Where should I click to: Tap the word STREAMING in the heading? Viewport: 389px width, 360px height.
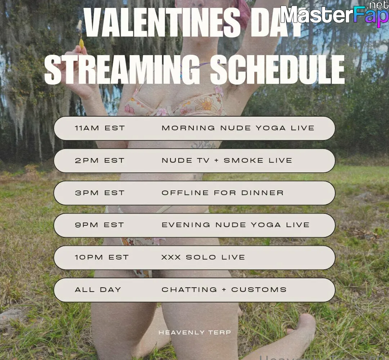tap(122, 70)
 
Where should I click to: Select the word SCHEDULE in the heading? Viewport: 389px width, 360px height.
tap(278, 70)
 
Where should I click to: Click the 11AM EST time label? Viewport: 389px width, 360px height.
tap(100, 128)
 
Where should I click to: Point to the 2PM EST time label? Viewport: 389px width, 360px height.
tap(99, 160)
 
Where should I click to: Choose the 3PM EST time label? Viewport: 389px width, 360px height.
tap(99, 193)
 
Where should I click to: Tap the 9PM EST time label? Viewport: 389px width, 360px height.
tap(99, 225)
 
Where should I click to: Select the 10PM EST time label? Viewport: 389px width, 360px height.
tap(102, 257)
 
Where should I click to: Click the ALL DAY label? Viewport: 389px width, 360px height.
tap(98, 290)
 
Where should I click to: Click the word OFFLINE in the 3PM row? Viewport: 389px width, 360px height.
tap(185, 193)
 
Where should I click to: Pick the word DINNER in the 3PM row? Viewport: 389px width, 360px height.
tap(263, 193)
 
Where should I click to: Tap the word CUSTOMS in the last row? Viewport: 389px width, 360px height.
tap(259, 290)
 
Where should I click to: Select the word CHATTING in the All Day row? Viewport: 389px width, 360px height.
tap(189, 290)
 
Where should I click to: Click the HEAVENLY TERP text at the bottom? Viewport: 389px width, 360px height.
tap(195, 333)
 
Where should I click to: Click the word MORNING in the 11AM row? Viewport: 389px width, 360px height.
tap(188, 128)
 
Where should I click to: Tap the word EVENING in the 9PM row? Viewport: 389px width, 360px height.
tap(186, 225)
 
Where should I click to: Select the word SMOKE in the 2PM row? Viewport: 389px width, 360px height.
tap(243, 160)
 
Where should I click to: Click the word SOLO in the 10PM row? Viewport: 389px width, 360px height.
tap(201, 257)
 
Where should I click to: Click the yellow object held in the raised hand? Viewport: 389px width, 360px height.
tap(81, 43)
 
